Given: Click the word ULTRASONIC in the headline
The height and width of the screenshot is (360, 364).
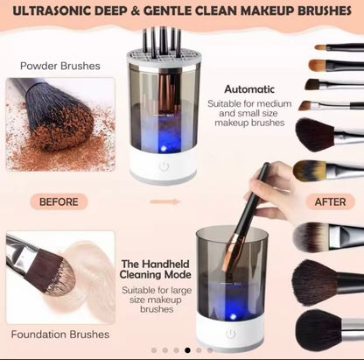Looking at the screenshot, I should click(50, 11).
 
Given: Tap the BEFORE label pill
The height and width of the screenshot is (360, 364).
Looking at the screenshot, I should click(59, 201).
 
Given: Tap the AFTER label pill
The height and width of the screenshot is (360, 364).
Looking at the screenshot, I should click(330, 201).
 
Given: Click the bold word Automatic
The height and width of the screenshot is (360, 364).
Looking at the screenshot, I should click(249, 88).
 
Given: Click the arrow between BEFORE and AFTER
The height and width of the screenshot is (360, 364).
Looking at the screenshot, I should click(164, 201).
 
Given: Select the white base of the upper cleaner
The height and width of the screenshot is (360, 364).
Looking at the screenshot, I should click(164, 166).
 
